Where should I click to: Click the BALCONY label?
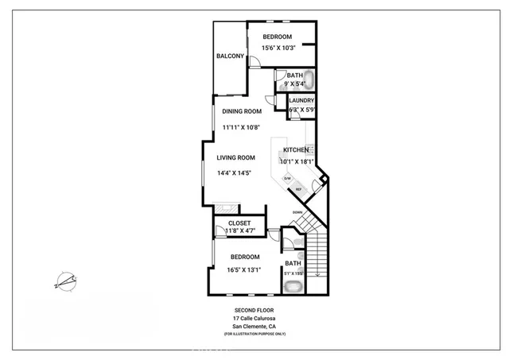tap(230, 56)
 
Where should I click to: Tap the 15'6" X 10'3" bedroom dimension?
tap(277, 50)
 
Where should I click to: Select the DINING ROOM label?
tap(242, 112)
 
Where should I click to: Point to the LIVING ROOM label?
tap(235, 157)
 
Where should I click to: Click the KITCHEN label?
tap(296, 150)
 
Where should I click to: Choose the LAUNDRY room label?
tap(301, 100)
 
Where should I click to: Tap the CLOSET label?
tap(239, 223)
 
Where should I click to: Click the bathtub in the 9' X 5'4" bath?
tap(309, 79)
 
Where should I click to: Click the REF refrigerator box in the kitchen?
tap(299, 189)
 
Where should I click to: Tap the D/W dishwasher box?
tap(288, 178)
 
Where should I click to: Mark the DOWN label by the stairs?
tap(297, 212)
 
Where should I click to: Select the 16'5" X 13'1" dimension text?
tap(245, 269)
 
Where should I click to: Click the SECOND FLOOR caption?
tap(254, 310)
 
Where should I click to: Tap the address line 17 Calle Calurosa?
tap(254, 318)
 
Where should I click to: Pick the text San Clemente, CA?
tap(254, 326)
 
